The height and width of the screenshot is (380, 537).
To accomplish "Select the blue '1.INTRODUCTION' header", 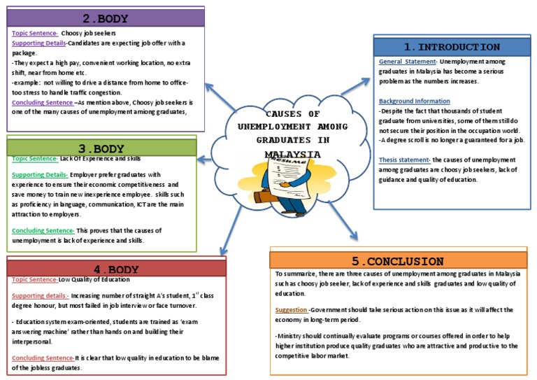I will click(x=452, y=47).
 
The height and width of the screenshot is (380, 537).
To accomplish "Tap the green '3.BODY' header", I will click(x=101, y=148).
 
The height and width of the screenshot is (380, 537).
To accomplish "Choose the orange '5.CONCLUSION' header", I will click(x=398, y=260).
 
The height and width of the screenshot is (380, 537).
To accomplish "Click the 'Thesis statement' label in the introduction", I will click(x=404, y=160).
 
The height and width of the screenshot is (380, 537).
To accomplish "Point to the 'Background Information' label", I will click(x=414, y=101).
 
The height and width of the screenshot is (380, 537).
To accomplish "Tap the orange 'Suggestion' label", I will click(x=291, y=309).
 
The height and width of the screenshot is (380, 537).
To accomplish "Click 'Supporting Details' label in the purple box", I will click(x=38, y=42).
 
